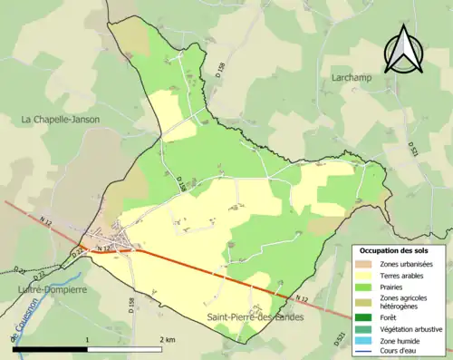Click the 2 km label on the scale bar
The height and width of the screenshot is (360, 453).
[169, 338]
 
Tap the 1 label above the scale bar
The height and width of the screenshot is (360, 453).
[87, 338]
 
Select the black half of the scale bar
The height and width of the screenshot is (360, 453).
[50, 349]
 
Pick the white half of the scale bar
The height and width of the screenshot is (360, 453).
[127, 349]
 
